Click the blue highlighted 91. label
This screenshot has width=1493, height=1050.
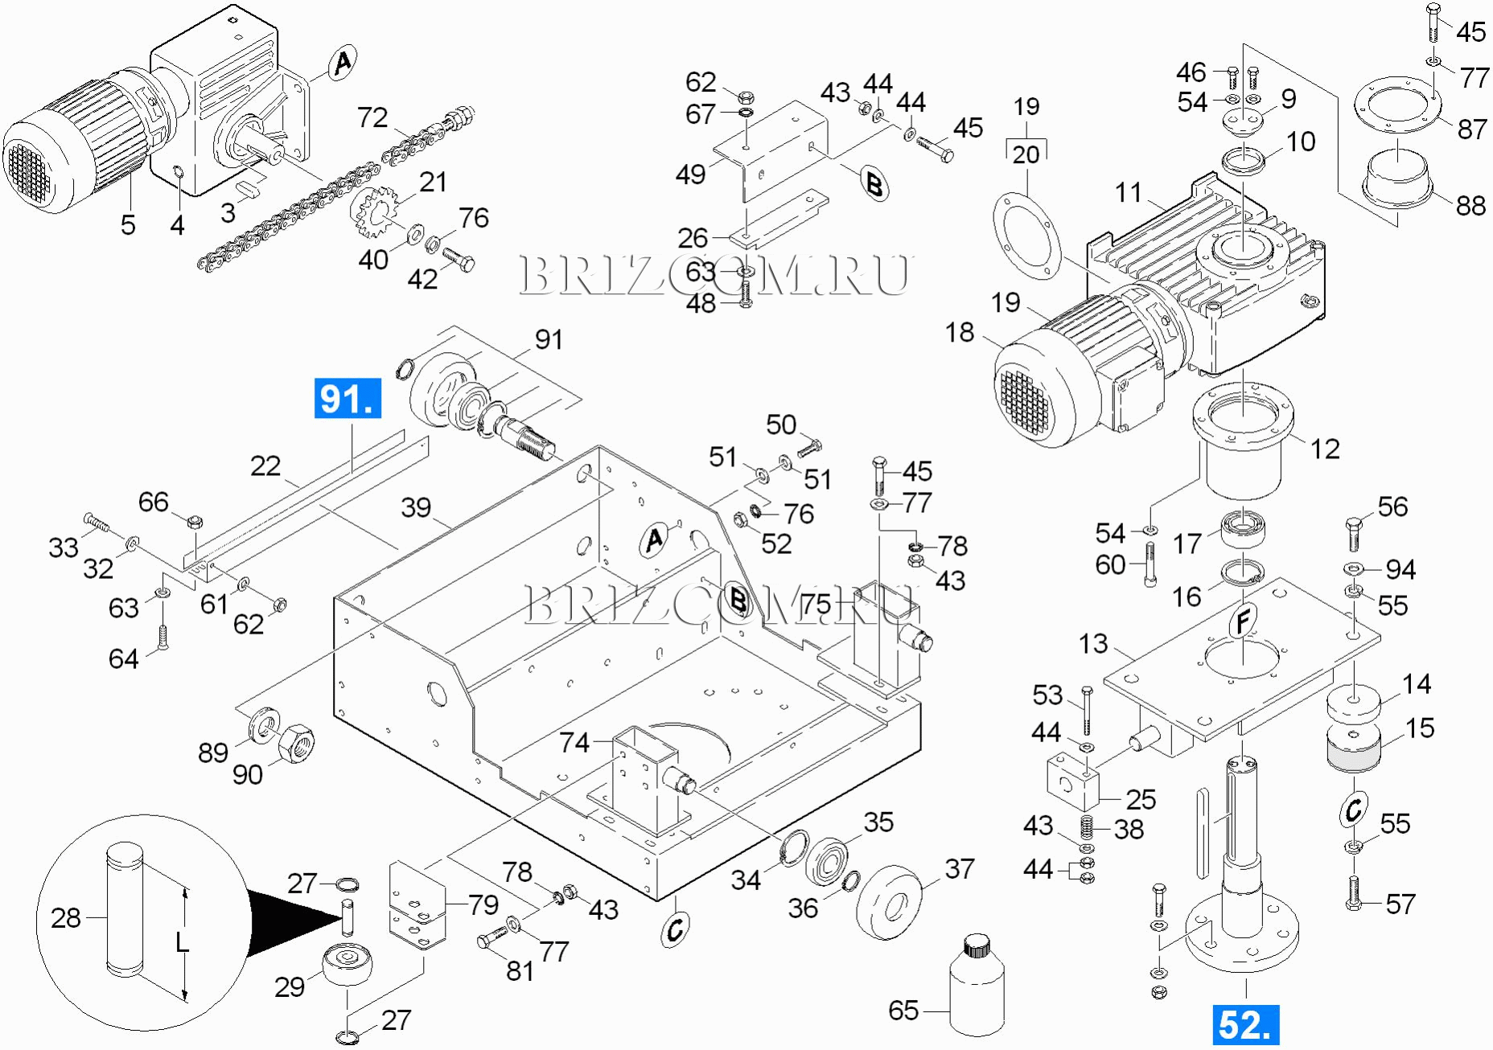point(348,398)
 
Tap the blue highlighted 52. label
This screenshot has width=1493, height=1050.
point(1244,1025)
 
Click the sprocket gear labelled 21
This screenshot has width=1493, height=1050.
point(376,211)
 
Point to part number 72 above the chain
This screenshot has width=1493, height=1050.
point(372,118)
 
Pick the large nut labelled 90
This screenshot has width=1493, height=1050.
point(296,743)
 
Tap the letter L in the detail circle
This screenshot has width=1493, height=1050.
point(183,941)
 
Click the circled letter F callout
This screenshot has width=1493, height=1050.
point(1244,621)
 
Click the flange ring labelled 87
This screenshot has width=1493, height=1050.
point(1397,104)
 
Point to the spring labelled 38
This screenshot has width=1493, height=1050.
point(1087,826)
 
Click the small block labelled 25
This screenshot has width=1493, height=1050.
point(1072,780)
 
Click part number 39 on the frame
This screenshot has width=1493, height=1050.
point(416,508)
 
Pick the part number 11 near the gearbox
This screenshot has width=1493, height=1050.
point(1129,193)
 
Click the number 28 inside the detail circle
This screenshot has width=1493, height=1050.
point(66,918)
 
